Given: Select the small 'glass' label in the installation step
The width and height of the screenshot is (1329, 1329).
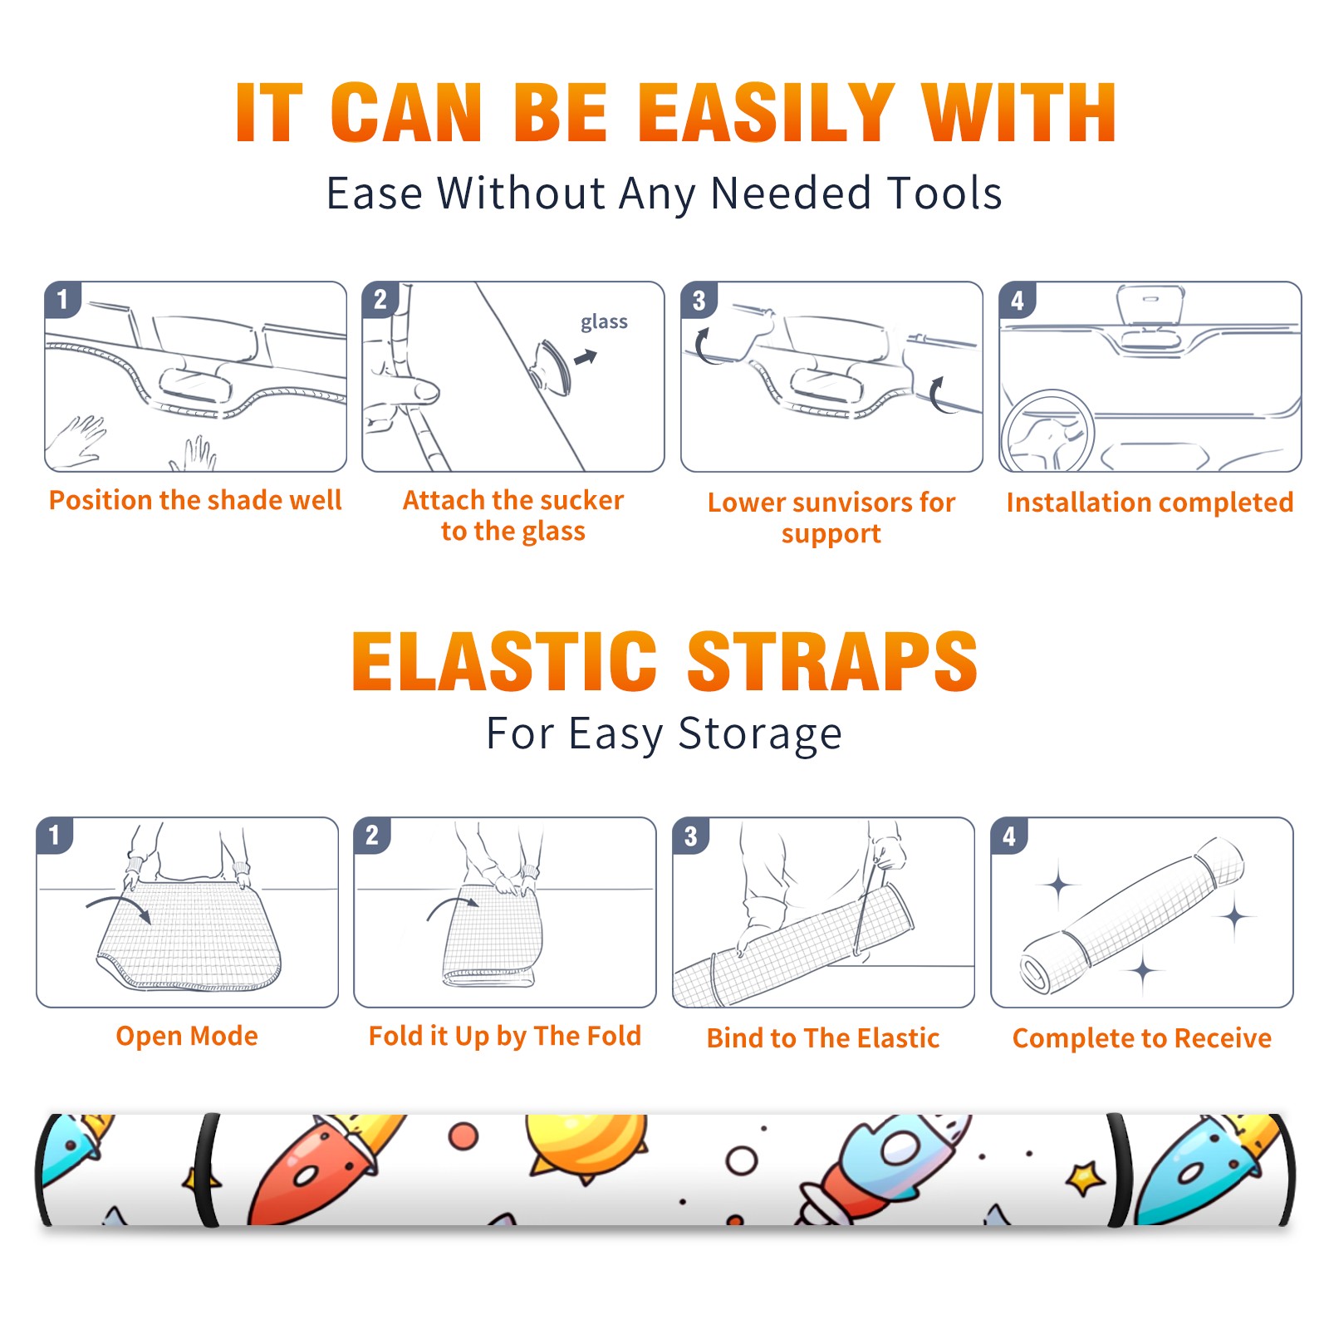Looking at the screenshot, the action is pos(604,321).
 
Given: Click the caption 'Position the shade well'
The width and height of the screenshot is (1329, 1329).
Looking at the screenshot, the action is pos(195,500).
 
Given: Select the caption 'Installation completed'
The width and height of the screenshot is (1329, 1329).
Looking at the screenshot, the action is pos(1150,503).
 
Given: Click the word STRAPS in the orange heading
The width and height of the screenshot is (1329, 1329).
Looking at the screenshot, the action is pos(832,661).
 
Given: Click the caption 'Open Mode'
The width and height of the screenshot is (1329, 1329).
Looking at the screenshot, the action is pos(187,1036).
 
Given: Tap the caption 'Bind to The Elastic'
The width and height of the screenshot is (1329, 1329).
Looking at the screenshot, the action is pos(823,1038).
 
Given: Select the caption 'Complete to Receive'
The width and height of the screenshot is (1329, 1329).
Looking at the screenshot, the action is pos(1142,1038).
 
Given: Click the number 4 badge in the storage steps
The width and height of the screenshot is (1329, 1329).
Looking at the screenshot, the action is pos(1009,836).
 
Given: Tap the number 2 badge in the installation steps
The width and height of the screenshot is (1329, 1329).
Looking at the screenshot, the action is pos(380,300).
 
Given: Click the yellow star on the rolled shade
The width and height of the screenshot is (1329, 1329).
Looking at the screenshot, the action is pos(1085,1178).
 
